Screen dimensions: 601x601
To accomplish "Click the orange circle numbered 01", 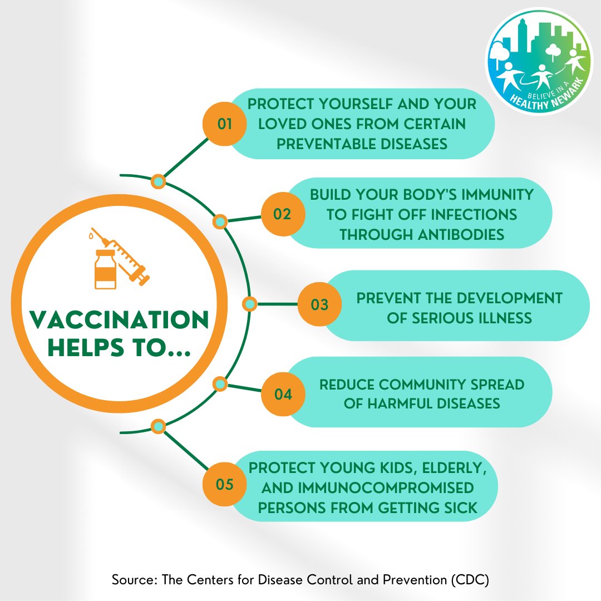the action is (x=225, y=124).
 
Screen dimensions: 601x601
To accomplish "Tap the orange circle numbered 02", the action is (x=283, y=214).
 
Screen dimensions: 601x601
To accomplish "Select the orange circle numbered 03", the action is (x=319, y=304).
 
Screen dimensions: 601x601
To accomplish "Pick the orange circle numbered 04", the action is (x=283, y=394).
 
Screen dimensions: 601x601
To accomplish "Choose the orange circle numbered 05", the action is (x=225, y=484).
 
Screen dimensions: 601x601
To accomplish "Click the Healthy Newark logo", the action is (x=539, y=61).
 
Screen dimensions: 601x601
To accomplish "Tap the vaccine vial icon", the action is (x=105, y=269).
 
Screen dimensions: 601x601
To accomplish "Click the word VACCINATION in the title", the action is (x=119, y=320).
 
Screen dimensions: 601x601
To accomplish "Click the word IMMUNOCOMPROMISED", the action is (x=386, y=487).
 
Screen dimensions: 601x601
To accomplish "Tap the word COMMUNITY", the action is (x=423, y=385).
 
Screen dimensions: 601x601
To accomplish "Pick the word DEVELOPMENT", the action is (x=509, y=298).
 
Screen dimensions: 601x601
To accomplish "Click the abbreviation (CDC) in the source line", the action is (x=470, y=579).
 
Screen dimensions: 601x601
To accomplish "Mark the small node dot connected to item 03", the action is (x=249, y=304).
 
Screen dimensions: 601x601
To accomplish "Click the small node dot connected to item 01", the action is (x=158, y=181).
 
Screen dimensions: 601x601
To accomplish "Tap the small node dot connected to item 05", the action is (x=158, y=426).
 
